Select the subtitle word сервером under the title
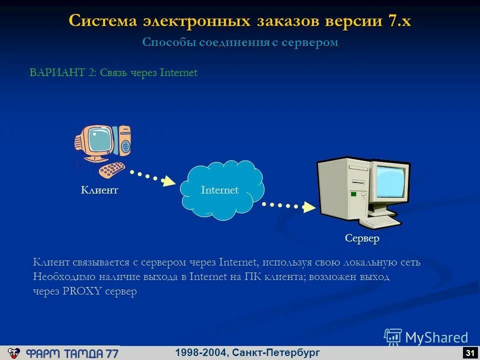(309, 42)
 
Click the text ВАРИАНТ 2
(62, 73)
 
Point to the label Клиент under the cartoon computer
(99, 190)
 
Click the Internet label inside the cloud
(219, 190)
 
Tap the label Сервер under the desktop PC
(362, 238)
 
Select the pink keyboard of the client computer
(111, 169)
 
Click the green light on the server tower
(353, 193)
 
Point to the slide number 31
(469, 353)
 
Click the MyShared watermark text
(436, 338)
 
